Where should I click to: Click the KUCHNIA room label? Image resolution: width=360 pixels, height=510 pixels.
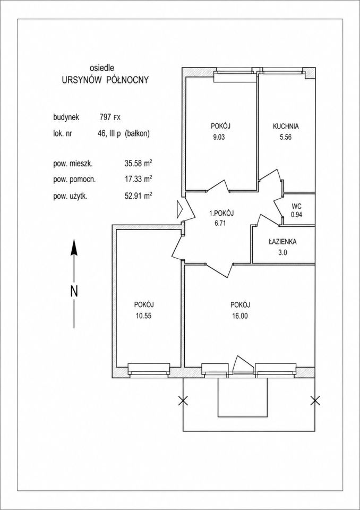click(286, 126)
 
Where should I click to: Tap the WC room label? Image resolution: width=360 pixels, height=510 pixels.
click(296, 206)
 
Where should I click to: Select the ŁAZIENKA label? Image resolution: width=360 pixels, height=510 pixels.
click(282, 242)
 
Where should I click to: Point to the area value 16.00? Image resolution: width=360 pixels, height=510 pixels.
click(240, 315)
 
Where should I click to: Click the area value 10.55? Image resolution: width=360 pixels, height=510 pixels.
click(144, 315)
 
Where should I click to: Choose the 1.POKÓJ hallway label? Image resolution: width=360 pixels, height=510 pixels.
click(222, 214)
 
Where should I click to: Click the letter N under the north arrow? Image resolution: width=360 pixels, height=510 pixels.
click(74, 291)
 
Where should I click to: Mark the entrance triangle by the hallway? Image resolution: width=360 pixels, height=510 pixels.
click(180, 209)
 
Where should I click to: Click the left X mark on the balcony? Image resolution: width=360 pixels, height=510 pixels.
click(183, 401)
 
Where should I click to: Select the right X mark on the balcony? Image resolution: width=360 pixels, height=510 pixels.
click(315, 401)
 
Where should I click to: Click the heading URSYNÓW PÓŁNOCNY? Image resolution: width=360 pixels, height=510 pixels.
click(105, 80)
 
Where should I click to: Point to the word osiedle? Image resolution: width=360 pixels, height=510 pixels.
click(101, 68)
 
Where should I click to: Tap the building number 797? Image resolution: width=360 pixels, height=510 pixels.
click(106, 117)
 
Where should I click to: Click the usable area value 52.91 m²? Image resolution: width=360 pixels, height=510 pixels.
click(136, 196)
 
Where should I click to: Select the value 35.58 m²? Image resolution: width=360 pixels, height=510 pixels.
click(136, 164)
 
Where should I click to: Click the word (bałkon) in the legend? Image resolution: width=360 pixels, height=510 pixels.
click(137, 133)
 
